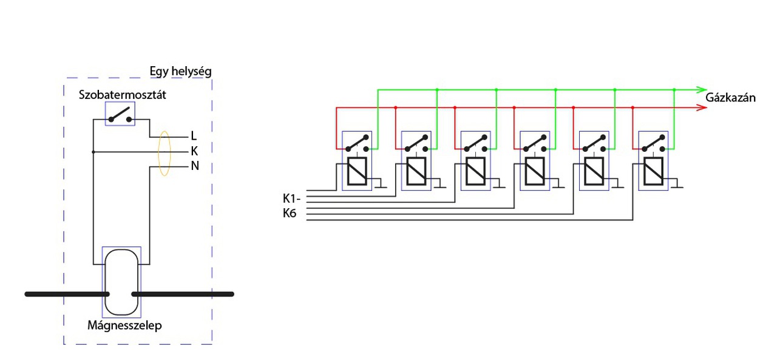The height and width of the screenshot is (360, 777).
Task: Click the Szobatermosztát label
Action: (x=122, y=95)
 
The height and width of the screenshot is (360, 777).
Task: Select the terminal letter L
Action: (x=194, y=135)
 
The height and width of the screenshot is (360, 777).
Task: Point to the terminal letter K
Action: (x=194, y=151)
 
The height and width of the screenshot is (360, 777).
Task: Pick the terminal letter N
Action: (x=195, y=166)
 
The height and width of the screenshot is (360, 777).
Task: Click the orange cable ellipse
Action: (x=158, y=153)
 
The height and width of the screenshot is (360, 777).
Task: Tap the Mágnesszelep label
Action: (x=124, y=325)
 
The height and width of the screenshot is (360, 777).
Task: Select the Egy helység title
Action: (x=180, y=72)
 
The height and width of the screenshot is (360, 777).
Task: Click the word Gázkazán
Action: (x=730, y=98)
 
